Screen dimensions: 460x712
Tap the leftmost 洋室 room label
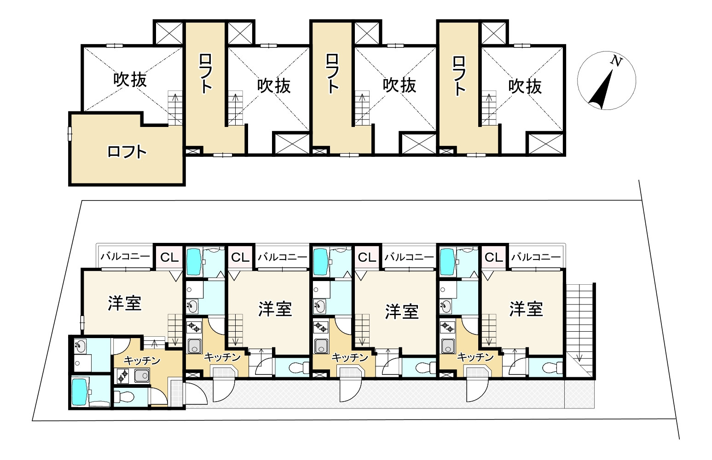pyautogui.click(x=124, y=303)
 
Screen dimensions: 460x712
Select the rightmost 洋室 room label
pyautogui.click(x=526, y=309)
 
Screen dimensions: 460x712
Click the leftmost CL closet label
pyautogui.click(x=169, y=258)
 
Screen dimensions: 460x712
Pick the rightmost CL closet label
pyautogui.click(x=493, y=258)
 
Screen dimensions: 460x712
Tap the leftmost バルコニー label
pyautogui.click(x=125, y=257)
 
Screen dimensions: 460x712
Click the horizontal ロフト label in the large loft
pyautogui.click(x=127, y=151)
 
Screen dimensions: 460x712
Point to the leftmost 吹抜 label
pyautogui.click(x=130, y=79)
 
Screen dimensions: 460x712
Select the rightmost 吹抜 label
pyautogui.click(x=525, y=86)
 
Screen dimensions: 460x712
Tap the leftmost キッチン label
pyautogui.click(x=142, y=360)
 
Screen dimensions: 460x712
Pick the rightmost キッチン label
pyautogui.click(x=475, y=357)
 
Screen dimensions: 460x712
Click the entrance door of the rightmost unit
pyautogui.click(x=476, y=391)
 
